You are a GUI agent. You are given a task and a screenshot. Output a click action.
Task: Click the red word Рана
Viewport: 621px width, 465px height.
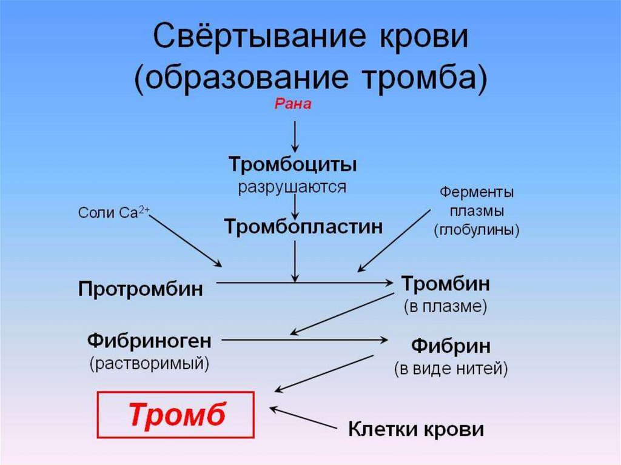click(293, 105)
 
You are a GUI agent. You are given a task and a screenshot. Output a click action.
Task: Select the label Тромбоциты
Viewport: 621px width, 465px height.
click(292, 164)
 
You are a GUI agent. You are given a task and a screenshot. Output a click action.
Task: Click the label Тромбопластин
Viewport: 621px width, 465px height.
click(303, 227)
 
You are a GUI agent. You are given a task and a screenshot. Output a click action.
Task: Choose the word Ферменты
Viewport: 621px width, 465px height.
click(477, 193)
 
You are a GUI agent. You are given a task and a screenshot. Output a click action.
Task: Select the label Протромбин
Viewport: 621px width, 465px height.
click(140, 289)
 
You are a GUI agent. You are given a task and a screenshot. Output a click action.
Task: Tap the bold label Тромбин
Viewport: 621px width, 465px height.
click(446, 284)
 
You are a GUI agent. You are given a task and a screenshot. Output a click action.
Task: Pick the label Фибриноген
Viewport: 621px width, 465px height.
click(149, 341)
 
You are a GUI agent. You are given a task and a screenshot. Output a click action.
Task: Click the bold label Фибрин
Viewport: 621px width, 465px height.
click(451, 347)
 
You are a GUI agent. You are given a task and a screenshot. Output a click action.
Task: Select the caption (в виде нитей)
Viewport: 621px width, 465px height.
click(451, 369)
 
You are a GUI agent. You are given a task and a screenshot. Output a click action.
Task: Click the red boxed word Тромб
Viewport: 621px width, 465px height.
click(176, 415)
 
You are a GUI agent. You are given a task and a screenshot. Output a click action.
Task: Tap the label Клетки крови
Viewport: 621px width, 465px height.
click(416, 429)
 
